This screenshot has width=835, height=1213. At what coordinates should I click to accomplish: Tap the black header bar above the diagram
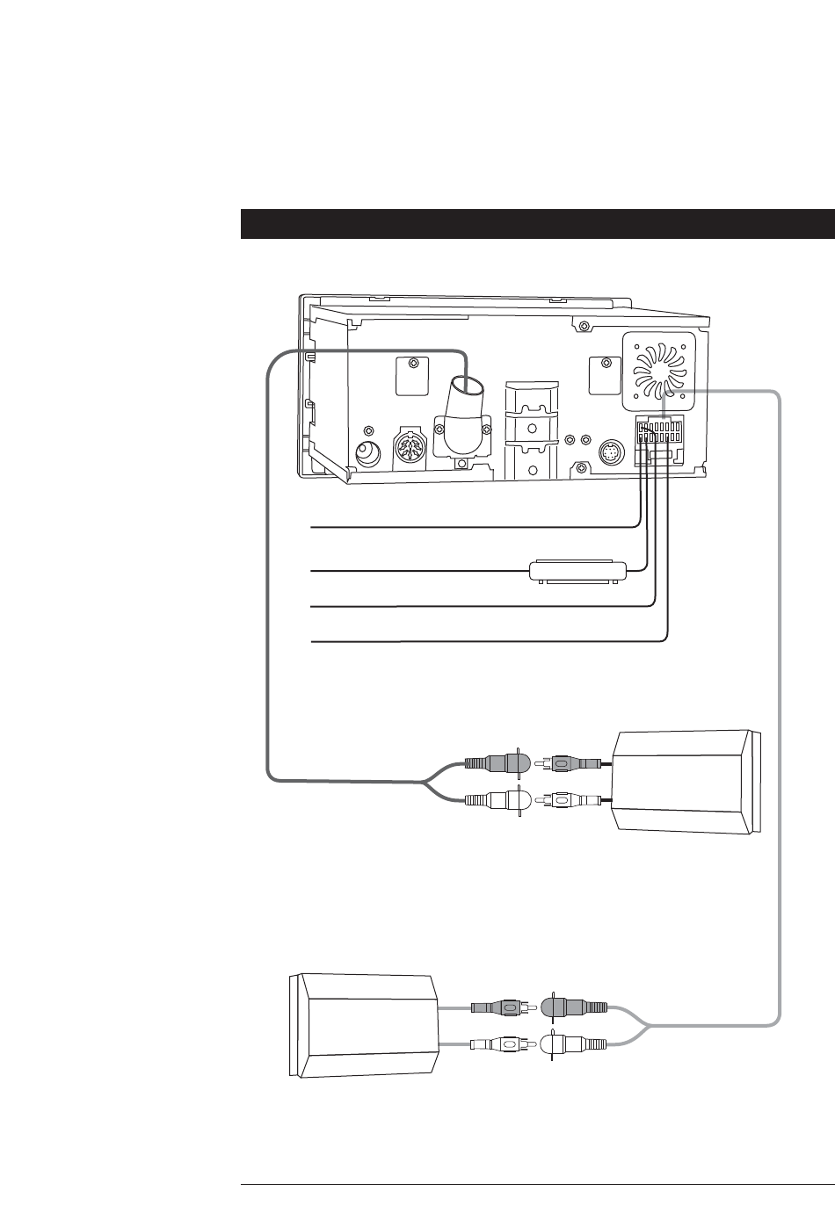coord(537,224)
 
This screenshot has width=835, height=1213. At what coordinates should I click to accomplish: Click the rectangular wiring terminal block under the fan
coord(664,437)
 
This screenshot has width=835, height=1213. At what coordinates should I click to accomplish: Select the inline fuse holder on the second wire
coord(577,570)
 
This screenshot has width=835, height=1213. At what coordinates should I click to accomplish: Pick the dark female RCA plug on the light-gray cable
coord(575,1007)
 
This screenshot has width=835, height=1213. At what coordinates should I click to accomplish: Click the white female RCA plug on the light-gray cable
coord(575,1045)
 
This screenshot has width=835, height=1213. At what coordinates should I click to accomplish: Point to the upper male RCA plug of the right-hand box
coord(571,763)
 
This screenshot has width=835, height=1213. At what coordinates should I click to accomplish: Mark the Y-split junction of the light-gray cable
coord(646,1026)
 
